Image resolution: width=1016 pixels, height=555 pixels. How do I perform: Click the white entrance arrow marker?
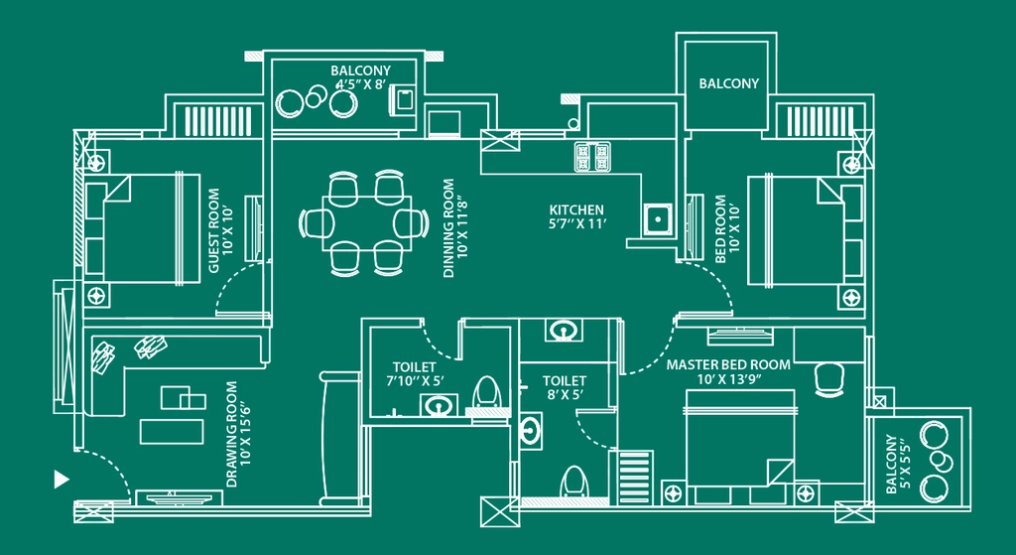61,480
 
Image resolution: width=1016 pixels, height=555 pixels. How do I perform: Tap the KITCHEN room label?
576,210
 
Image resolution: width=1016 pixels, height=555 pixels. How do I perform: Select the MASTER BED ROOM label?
728,364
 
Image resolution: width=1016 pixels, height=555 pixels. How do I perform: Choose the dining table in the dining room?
366,223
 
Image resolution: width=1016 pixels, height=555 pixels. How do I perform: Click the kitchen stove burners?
592,156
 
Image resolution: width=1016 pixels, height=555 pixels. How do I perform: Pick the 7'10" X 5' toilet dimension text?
418,381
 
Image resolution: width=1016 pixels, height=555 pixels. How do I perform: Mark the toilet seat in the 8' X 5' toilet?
573,482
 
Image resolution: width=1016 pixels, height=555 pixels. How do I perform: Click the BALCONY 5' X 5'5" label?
899,465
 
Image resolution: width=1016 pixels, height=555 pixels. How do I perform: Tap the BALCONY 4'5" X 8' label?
360,77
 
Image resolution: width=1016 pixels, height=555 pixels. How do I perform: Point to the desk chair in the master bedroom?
827,379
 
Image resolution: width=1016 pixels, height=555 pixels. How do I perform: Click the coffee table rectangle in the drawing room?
172,432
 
